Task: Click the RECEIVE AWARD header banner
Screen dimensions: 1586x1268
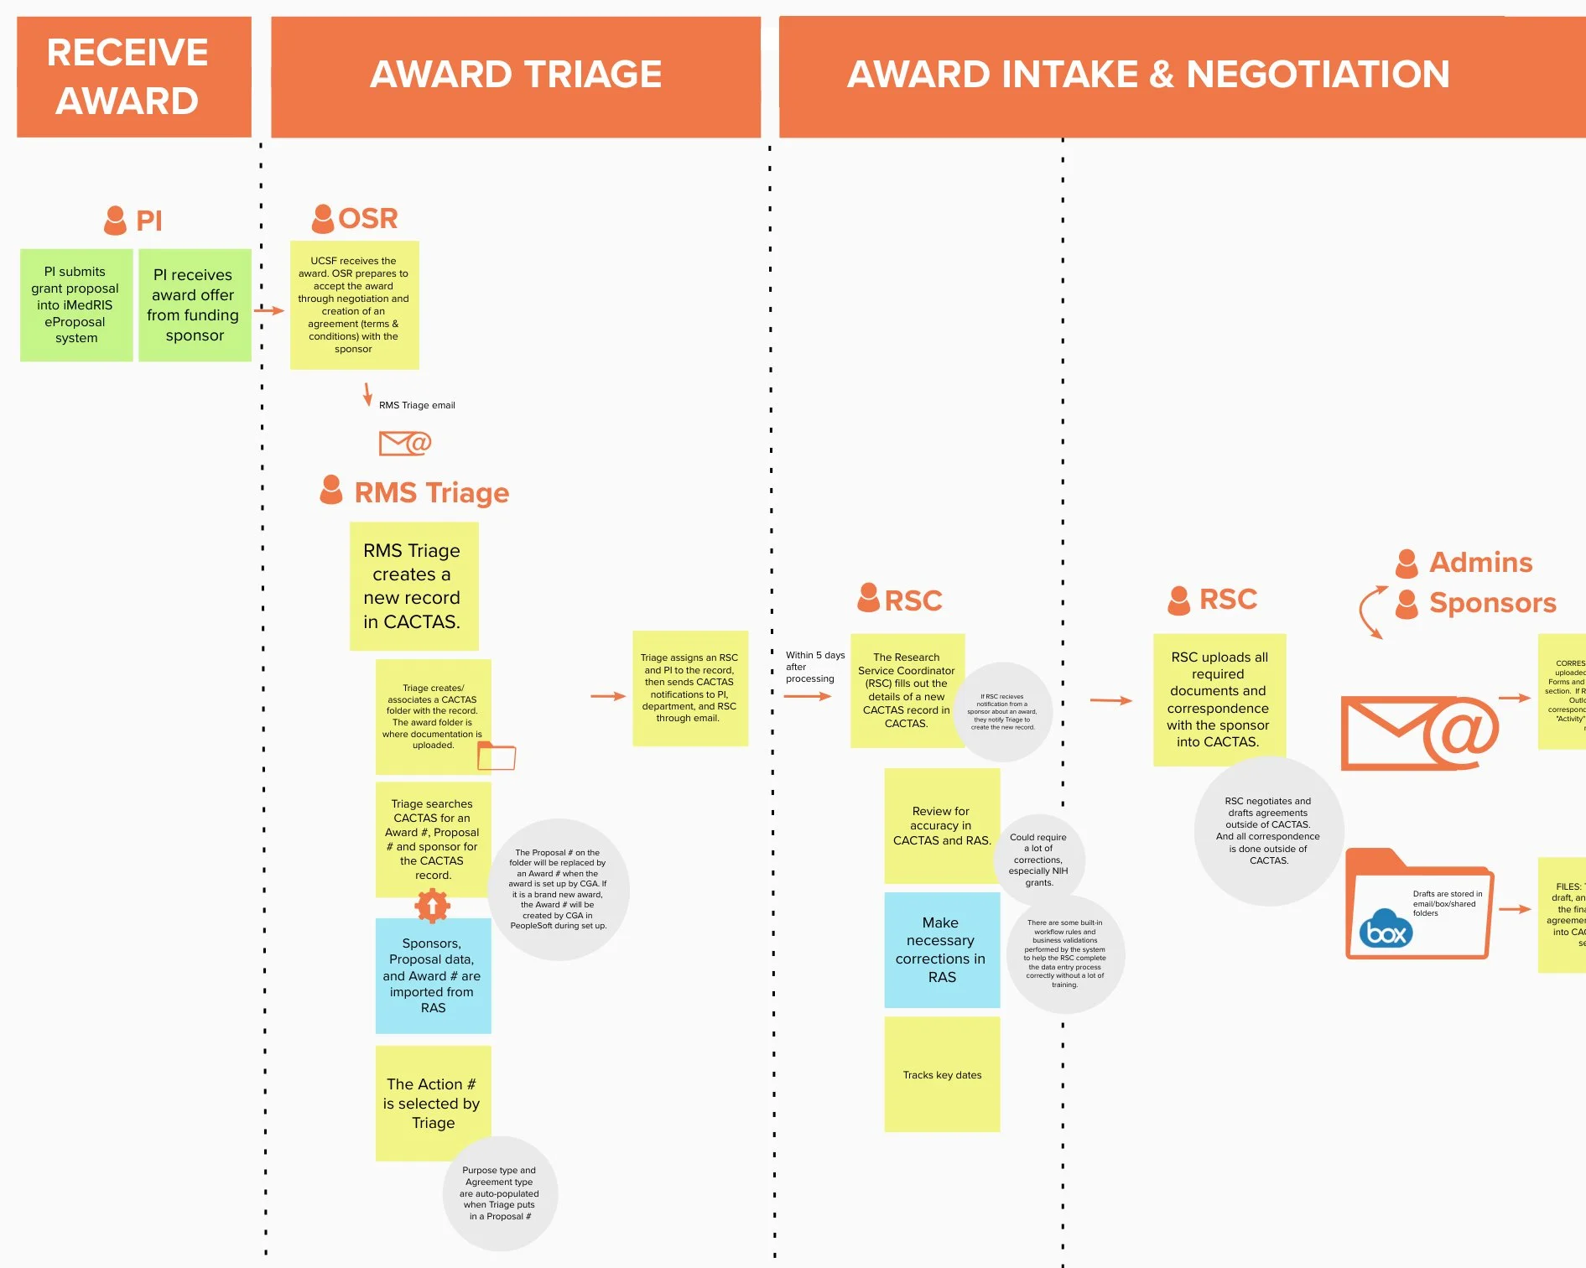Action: pyautogui.click(x=134, y=76)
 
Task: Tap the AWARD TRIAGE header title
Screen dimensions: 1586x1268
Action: pyautogui.click(x=516, y=75)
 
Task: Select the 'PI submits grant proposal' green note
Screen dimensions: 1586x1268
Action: pyautogui.click(x=75, y=305)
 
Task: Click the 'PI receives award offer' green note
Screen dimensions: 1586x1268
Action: pyautogui.click(x=195, y=305)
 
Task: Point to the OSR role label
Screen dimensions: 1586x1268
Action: pyautogui.click(x=367, y=219)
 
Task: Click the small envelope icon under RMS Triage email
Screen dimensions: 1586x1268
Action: pyautogui.click(x=404, y=443)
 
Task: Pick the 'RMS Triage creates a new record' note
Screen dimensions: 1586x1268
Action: pyautogui.click(x=413, y=586)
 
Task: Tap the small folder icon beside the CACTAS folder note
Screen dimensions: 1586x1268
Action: pyautogui.click(x=497, y=756)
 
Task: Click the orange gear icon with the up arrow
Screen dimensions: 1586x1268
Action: pyautogui.click(x=433, y=906)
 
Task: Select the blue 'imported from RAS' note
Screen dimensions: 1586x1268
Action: pyautogui.click(x=433, y=975)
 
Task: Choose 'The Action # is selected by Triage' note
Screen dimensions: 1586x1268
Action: pyautogui.click(x=433, y=1103)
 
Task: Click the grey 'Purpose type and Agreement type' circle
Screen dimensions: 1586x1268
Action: pyautogui.click(x=500, y=1193)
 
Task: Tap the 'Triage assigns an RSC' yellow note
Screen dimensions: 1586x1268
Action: pyautogui.click(x=689, y=688)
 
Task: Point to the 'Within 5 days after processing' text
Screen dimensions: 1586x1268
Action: pyautogui.click(x=814, y=667)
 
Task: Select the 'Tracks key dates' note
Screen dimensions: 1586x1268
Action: pyautogui.click(x=942, y=1074)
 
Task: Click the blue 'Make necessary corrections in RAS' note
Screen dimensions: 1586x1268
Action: pyautogui.click(x=942, y=949)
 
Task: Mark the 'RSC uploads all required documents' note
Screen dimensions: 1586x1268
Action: pyautogui.click(x=1219, y=699)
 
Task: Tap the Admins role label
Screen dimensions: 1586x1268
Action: pyautogui.click(x=1480, y=563)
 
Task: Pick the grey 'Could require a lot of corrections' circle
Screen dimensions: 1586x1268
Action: pyautogui.click(x=1038, y=859)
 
